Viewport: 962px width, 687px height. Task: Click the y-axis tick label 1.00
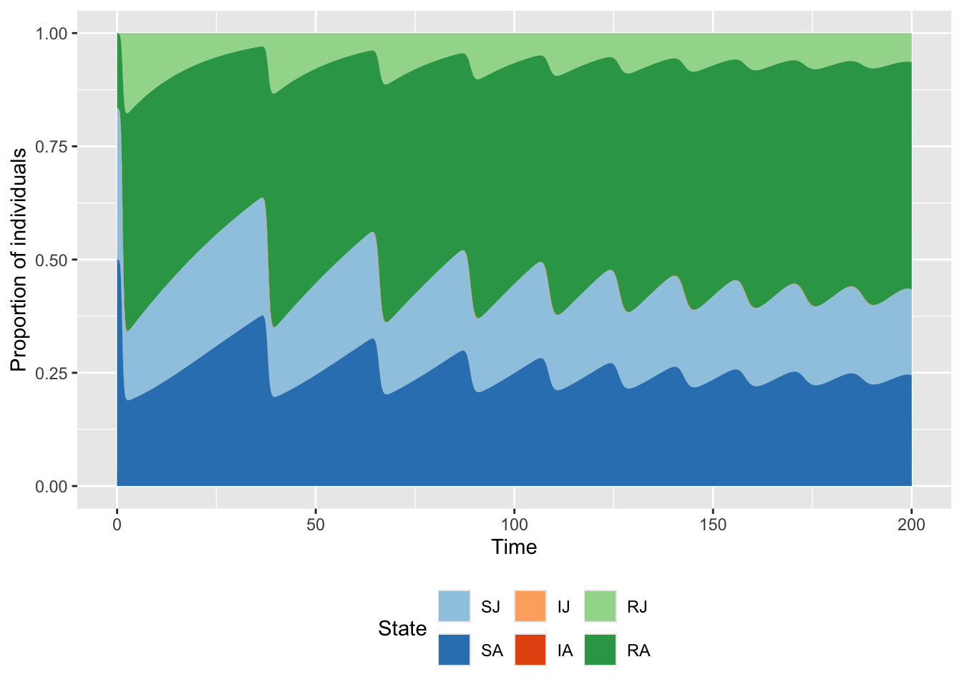point(52,34)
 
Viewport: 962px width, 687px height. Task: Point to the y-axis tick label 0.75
point(52,147)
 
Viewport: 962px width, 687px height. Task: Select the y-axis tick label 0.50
point(52,260)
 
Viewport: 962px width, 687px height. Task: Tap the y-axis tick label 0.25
point(52,374)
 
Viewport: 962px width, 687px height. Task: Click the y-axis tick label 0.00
point(52,487)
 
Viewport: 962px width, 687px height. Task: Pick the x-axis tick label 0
point(117,525)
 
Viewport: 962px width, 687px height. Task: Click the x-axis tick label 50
point(316,525)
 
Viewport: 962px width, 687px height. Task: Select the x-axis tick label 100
point(514,525)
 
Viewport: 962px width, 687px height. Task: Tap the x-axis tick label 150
point(713,525)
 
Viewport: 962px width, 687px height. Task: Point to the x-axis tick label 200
point(911,525)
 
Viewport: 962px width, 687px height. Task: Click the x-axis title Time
point(514,547)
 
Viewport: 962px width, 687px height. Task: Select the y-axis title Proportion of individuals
point(19,260)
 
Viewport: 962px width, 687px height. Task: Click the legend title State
point(402,628)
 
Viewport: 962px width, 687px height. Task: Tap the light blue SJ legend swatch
point(455,606)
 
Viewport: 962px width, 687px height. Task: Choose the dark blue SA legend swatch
point(455,650)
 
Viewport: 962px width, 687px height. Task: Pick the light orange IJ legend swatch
point(530,606)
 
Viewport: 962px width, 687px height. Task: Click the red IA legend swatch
point(530,650)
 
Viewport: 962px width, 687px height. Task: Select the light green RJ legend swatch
point(600,606)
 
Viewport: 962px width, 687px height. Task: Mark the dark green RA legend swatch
point(600,650)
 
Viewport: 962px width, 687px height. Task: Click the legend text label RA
point(638,651)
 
